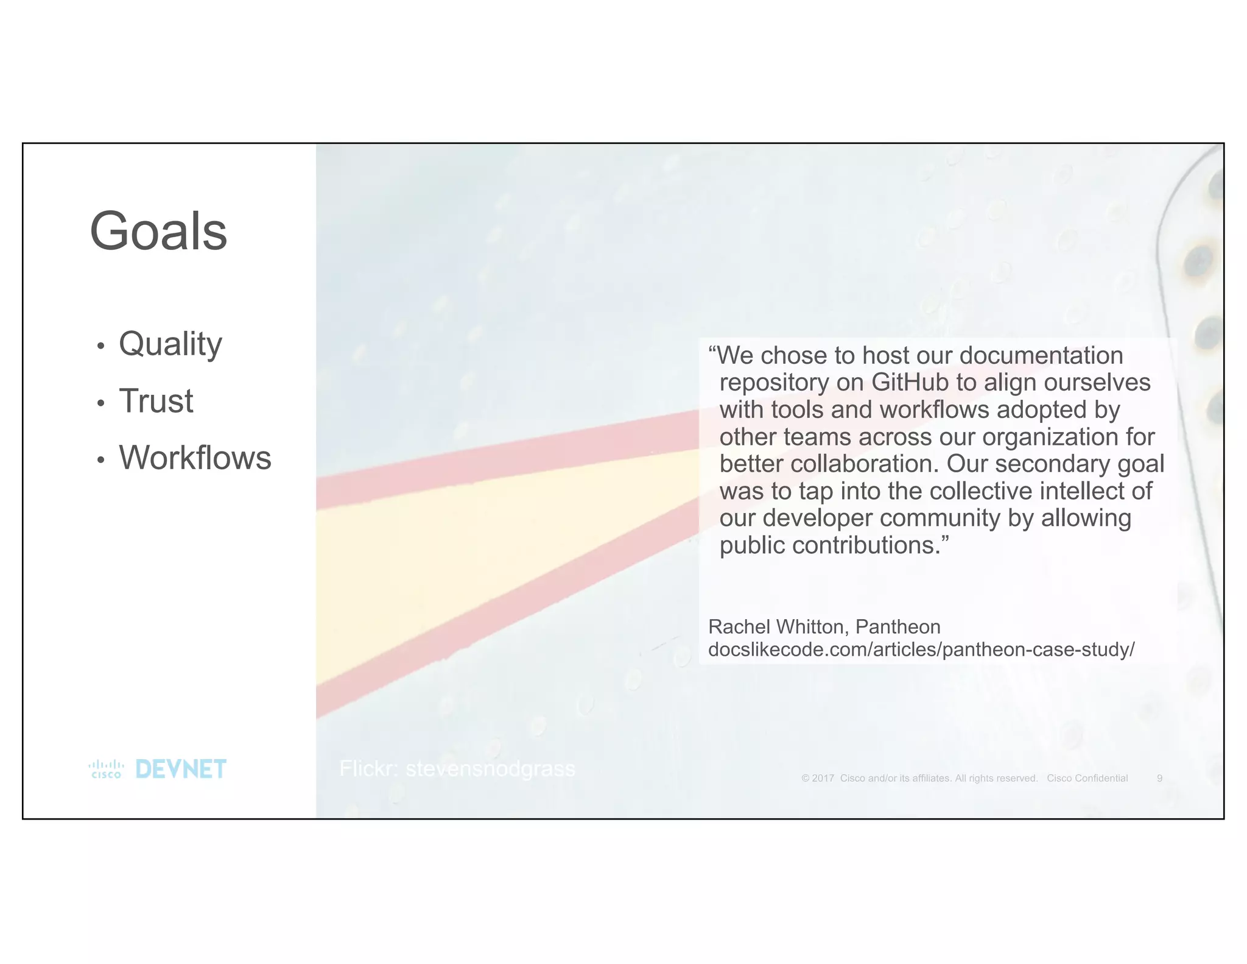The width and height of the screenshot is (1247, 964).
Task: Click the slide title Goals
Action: (158, 232)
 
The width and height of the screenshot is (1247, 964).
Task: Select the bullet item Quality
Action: (170, 344)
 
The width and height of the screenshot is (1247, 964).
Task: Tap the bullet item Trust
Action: (156, 401)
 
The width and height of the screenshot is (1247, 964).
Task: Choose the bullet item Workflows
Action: (195, 458)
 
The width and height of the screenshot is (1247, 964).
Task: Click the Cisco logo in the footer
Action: (106, 769)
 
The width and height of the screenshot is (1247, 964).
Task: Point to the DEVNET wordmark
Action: (181, 769)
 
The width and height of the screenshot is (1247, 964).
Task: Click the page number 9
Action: (1159, 778)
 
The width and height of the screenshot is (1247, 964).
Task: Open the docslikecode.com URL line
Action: (921, 650)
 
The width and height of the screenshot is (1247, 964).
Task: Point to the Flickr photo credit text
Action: (457, 769)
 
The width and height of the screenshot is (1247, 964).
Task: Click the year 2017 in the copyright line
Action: (823, 778)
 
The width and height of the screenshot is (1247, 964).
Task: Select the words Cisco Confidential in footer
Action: (1087, 778)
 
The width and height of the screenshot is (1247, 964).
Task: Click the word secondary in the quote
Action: (1052, 464)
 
